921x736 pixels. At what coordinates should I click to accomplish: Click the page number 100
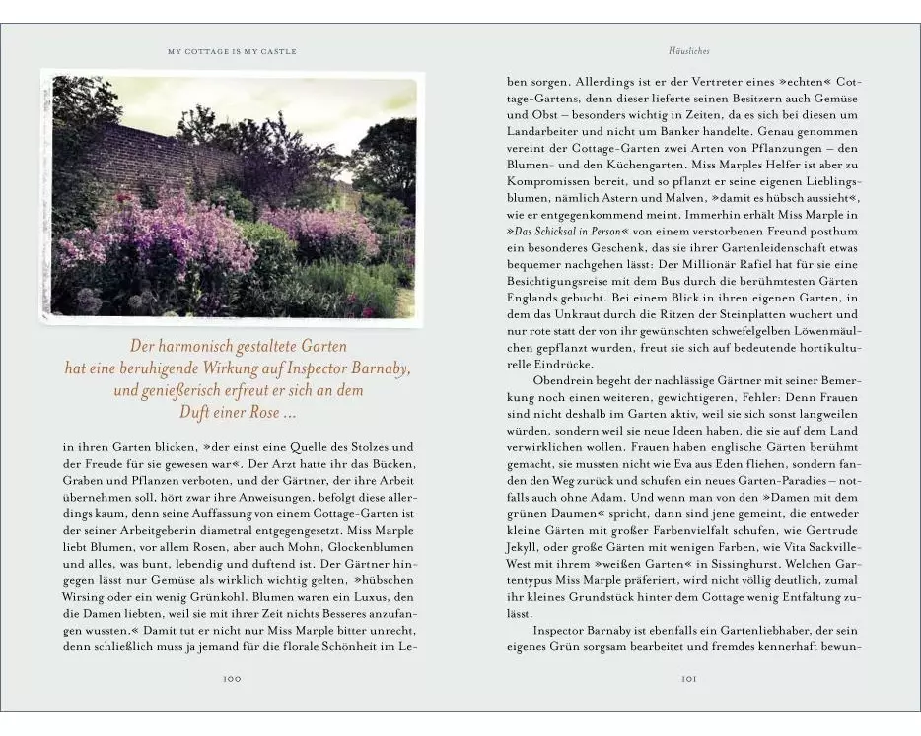point(232,678)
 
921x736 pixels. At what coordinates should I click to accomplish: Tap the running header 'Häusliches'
point(689,50)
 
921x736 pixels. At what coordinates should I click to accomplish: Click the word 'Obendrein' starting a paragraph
point(565,379)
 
